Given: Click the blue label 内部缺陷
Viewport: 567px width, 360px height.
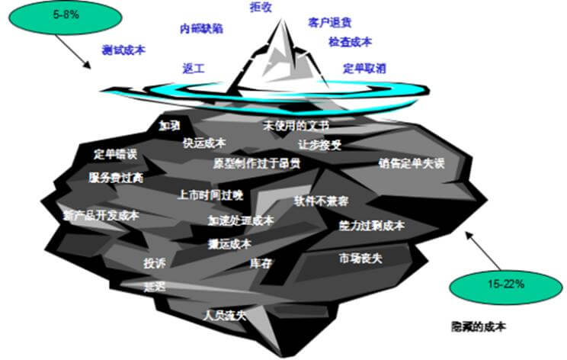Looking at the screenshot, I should [201, 27].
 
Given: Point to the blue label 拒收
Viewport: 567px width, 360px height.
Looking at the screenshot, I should [261, 7].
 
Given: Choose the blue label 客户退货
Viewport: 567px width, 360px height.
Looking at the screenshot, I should [330, 24].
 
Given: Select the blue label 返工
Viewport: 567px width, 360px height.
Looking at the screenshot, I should [194, 68].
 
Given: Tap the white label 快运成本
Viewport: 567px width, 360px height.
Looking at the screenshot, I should [204, 142].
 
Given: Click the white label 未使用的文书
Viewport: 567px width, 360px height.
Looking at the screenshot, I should [296, 124].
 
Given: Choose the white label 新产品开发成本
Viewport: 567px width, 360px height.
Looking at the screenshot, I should [101, 216].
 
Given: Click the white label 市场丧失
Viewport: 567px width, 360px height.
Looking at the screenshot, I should [360, 258].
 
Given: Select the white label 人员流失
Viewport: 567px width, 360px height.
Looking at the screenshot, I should [224, 313].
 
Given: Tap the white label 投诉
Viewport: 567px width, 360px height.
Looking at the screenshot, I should [155, 263].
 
